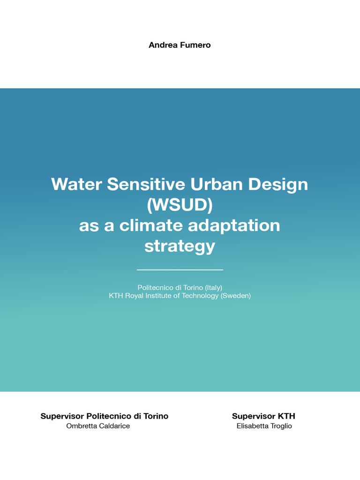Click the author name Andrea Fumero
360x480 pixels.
(x=180, y=45)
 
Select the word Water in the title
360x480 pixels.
(x=76, y=184)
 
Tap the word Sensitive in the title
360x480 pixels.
(x=146, y=184)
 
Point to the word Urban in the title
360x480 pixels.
(x=217, y=184)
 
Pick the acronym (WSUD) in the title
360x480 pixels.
(x=180, y=205)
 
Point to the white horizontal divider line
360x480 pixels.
(x=180, y=270)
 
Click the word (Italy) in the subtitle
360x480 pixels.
(x=213, y=288)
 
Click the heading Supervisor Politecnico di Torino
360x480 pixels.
(x=105, y=416)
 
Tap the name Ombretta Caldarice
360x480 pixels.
(x=98, y=426)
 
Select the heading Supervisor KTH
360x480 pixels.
(x=263, y=416)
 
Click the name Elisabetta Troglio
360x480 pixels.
(x=264, y=426)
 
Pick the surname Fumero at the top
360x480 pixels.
(x=195, y=45)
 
